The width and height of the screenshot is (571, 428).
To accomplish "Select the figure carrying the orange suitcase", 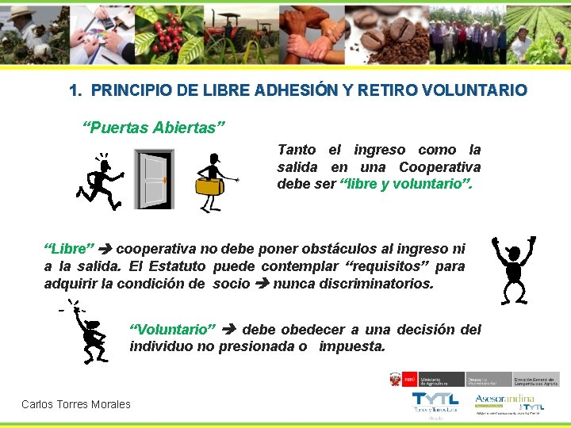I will point(212,182).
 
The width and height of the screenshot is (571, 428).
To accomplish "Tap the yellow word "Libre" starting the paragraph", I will point(69,250).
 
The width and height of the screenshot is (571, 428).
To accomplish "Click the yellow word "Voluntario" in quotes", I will point(173,330).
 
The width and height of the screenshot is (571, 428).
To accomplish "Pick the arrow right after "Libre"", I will point(105,250).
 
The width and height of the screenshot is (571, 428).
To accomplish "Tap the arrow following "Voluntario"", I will point(229,330).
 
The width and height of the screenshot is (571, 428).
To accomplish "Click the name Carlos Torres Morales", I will point(76,404).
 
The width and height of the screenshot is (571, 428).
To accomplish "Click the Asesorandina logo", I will point(504,399).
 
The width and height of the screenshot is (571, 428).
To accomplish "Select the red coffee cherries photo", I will point(171,32).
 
